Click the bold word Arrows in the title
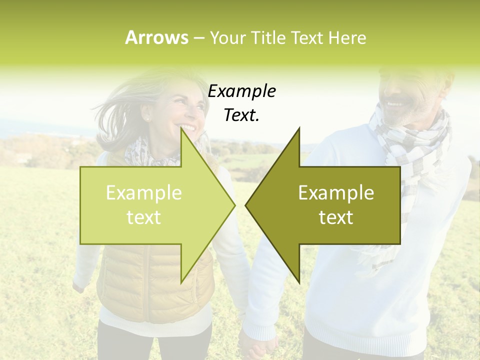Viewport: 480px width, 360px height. tap(156, 37)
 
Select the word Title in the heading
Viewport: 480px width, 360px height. tap(269, 37)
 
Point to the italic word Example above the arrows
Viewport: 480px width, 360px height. tap(241, 91)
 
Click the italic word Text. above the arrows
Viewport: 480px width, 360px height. tap(241, 115)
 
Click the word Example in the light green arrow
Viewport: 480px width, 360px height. tap(143, 193)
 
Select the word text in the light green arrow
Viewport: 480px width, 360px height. tap(143, 217)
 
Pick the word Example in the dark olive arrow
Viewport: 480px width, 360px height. tap(336, 193)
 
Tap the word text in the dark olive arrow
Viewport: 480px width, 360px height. tap(336, 217)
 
